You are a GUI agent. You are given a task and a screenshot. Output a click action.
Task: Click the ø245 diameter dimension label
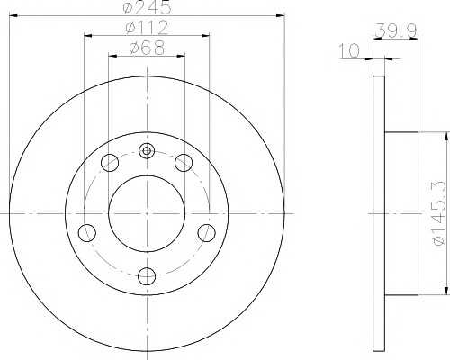point(147,8)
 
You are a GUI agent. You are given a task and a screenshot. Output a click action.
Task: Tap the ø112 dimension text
point(147,28)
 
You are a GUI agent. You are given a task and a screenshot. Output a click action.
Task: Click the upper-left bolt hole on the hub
point(111,163)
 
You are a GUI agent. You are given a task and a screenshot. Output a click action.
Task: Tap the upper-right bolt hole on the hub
point(184,163)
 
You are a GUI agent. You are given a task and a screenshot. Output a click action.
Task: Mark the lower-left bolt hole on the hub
point(87,233)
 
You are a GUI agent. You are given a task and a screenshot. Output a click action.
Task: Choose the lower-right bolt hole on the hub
point(206,233)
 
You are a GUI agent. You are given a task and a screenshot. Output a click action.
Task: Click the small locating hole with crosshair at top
point(147,151)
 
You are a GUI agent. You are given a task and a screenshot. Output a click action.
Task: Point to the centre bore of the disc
point(147,213)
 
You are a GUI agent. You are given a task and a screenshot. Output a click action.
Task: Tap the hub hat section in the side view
point(401,213)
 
